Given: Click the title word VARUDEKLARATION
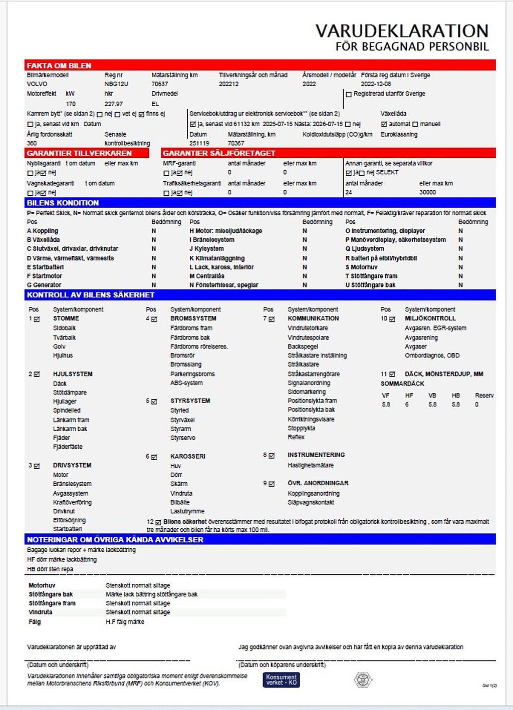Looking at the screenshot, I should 402,31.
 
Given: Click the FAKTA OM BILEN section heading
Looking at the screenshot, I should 59,66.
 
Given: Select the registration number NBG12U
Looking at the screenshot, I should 116,84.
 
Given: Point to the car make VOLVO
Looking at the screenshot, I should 37,84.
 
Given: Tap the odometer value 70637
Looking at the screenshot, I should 160,84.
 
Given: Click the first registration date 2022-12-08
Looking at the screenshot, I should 376,84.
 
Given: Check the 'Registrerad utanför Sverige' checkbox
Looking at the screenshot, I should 349,94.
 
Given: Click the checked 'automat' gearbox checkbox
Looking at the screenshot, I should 384,124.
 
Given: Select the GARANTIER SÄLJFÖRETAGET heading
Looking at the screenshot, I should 219,153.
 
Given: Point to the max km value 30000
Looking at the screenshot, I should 427,192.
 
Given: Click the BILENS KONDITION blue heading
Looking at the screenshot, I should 63,203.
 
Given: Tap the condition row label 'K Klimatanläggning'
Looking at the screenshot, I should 217,258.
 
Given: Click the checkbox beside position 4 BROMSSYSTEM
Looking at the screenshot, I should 154,319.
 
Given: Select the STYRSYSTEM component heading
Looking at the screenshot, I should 190,401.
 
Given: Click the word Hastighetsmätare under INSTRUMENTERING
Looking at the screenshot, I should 310,465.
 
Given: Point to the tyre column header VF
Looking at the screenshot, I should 385,396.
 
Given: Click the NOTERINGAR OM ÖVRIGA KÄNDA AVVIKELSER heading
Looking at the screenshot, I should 115,540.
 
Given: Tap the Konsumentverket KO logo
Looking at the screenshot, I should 281,679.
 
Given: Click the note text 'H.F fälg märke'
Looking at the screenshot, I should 125,622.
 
